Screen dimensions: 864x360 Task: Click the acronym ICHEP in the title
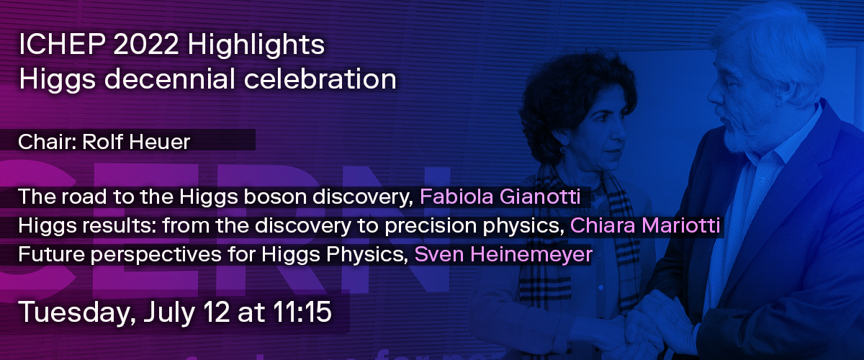coord(62,45)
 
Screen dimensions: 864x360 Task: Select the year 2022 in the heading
coord(146,45)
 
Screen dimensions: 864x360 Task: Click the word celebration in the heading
coord(320,79)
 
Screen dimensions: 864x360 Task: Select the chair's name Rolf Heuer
coord(136,142)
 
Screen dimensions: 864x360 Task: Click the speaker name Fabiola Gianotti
coord(500,197)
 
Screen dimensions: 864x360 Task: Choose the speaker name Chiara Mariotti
coord(645,225)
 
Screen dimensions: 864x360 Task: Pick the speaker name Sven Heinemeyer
coord(503,255)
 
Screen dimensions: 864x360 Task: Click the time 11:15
coord(302,311)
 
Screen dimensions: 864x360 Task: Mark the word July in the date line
coord(169,312)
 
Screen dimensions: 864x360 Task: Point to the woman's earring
coord(563,149)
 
